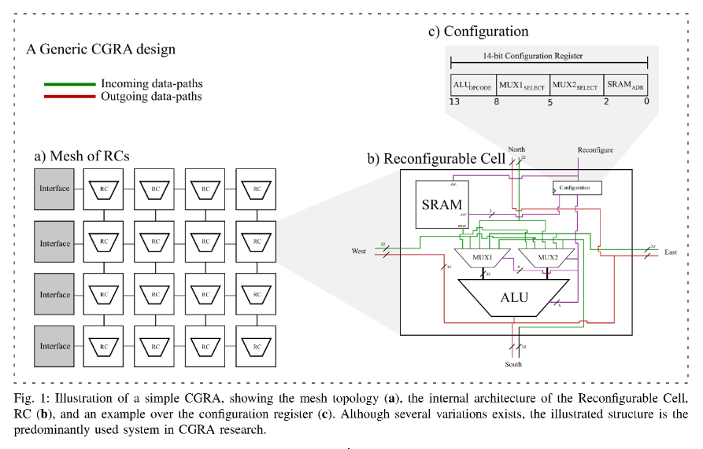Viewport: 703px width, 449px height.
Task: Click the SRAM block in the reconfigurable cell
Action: click(442, 205)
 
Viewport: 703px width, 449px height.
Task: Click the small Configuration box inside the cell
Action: click(577, 188)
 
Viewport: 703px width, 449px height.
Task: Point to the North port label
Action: click(516, 149)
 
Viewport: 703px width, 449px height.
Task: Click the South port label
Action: click(513, 364)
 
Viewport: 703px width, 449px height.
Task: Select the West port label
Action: click(359, 252)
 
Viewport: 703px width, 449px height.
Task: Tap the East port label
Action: click(670, 252)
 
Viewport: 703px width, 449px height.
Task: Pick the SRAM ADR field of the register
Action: click(626, 85)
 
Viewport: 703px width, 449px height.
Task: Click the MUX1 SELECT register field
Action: click(524, 85)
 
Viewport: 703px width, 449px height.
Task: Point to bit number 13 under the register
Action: click(454, 101)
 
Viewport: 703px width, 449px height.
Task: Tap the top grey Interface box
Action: click(55, 189)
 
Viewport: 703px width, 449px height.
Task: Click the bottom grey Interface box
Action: click(55, 346)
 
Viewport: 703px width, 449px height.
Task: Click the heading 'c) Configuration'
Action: click(478, 31)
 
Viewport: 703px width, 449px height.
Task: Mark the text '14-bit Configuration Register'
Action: click(548, 57)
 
